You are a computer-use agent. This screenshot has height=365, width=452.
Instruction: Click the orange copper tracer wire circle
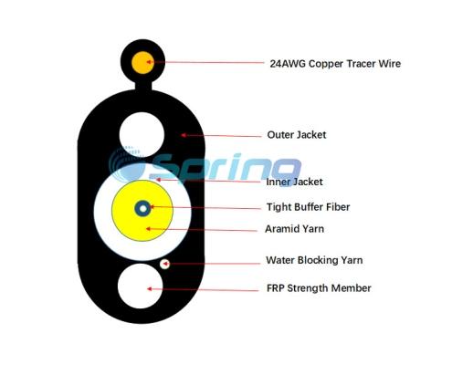point(142,63)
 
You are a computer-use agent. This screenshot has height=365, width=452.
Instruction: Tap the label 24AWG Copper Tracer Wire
point(335,64)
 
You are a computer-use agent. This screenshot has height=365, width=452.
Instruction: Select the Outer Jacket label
point(297,135)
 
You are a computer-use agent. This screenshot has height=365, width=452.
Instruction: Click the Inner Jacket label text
point(294,182)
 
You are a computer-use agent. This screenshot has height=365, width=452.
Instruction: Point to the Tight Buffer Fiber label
point(308,207)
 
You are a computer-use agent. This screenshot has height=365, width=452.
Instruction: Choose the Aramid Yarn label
point(294,229)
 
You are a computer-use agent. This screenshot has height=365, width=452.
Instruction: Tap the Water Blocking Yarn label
point(314,260)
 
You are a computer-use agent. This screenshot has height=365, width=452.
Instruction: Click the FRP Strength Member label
point(319,288)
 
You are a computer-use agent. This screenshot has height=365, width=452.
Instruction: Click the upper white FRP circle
point(142,134)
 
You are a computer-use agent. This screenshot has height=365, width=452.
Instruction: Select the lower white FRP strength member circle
point(140,286)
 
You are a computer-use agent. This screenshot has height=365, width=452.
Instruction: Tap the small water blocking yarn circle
point(164,264)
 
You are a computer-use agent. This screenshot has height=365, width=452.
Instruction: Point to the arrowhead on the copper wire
point(149,62)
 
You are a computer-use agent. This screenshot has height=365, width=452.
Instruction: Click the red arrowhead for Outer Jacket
point(184,135)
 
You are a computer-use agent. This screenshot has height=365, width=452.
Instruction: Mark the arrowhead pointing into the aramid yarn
point(149,228)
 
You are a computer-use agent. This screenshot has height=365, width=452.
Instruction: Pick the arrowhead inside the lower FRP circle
point(149,288)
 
